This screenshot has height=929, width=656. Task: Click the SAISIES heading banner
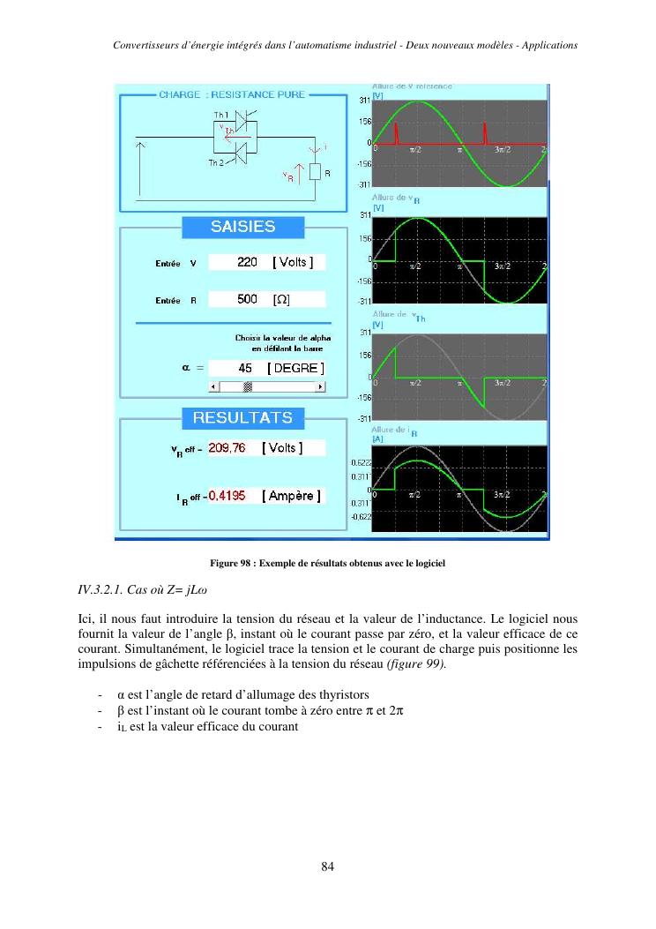click(x=242, y=227)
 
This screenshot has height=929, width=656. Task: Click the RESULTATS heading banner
click(x=242, y=417)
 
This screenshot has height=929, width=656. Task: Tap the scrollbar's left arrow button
click(x=212, y=386)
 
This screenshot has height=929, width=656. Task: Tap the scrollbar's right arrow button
click(x=320, y=386)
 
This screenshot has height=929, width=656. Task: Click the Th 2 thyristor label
click(x=215, y=163)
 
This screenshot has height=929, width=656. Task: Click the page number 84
click(x=327, y=866)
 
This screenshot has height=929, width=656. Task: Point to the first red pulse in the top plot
click(x=397, y=134)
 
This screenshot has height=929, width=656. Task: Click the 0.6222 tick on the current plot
click(x=361, y=462)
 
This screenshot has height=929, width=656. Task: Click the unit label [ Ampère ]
click(x=291, y=496)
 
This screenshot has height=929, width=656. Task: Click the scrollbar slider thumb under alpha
click(x=248, y=386)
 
